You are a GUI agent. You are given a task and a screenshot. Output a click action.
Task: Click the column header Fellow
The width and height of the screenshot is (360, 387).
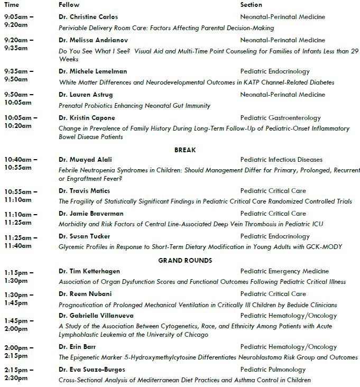coord(69,5)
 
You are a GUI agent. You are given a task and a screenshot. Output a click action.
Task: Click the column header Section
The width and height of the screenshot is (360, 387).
coord(251,5)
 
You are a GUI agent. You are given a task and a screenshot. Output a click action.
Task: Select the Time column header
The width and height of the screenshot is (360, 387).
coord(12,5)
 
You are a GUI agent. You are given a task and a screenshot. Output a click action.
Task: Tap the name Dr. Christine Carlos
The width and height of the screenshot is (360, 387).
coord(88,17)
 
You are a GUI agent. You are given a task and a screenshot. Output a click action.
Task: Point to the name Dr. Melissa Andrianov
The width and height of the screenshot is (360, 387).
coord(93,40)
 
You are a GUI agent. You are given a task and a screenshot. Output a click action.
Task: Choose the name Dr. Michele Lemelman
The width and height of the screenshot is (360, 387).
coord(93,71)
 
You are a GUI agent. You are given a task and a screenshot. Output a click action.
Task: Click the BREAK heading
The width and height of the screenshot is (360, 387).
coord(185,150)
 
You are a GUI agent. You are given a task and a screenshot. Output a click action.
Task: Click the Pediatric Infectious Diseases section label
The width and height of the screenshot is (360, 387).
coord(281,160)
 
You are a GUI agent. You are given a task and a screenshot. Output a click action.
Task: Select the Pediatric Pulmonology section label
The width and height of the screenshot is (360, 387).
coord(273,370)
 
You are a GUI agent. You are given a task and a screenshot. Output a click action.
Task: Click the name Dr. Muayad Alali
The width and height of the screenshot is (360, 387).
coord(85,160)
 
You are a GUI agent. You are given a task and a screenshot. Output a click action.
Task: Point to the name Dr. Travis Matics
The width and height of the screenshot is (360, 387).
coord(85,191)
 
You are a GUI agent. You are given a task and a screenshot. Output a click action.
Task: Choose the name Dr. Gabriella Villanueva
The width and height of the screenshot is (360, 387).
coord(96,316)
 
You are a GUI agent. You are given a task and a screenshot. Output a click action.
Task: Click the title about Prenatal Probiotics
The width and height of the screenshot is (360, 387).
coord(134,106)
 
